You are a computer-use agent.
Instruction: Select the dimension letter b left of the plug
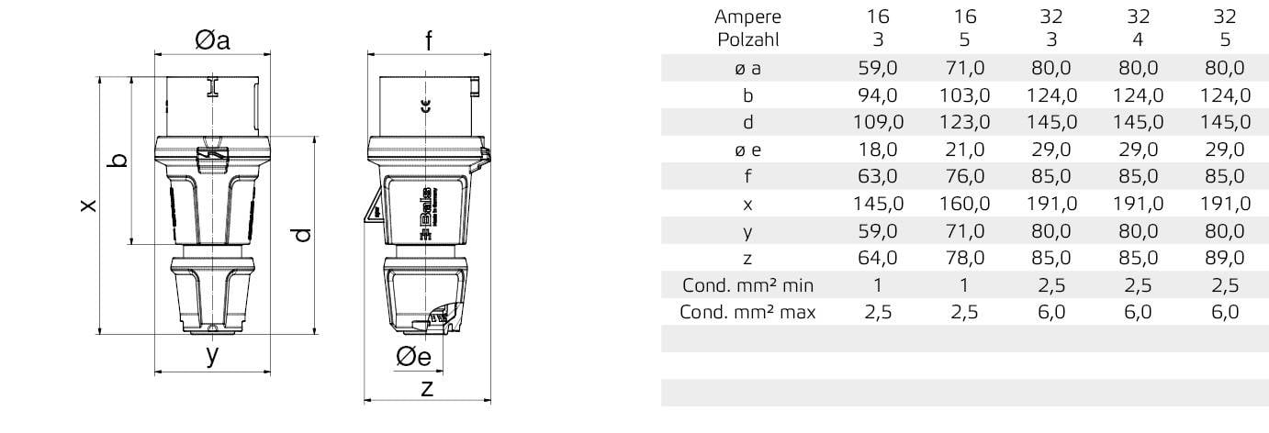pos(118,161)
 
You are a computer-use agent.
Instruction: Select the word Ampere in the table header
pos(747,16)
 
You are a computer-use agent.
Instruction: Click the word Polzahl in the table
pos(747,39)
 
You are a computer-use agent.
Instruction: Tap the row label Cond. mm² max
pos(747,312)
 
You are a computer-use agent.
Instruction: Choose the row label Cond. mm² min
pos(747,284)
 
